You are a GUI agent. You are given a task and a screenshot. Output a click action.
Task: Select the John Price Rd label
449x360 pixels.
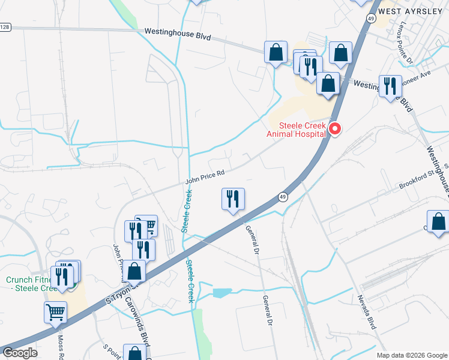[x=204, y=175]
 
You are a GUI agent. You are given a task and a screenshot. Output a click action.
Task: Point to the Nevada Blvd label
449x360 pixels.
[x=366, y=312]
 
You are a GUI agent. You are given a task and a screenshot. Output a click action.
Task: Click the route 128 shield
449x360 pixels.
[x=5, y=27]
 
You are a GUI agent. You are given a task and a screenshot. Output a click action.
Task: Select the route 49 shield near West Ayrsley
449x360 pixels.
[x=372, y=19]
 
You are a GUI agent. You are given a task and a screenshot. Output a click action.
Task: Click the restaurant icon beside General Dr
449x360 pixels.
[x=233, y=199]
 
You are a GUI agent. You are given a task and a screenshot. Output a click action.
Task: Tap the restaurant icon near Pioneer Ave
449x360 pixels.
[x=391, y=86]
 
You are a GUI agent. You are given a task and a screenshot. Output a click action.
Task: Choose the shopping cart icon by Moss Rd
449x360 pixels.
[x=55, y=312]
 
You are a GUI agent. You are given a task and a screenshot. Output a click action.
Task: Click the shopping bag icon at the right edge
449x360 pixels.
[x=438, y=221]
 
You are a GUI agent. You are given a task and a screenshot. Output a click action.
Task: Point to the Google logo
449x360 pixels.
[x=19, y=353]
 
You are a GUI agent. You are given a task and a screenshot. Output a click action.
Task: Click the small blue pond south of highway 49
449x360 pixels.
[x=221, y=293]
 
